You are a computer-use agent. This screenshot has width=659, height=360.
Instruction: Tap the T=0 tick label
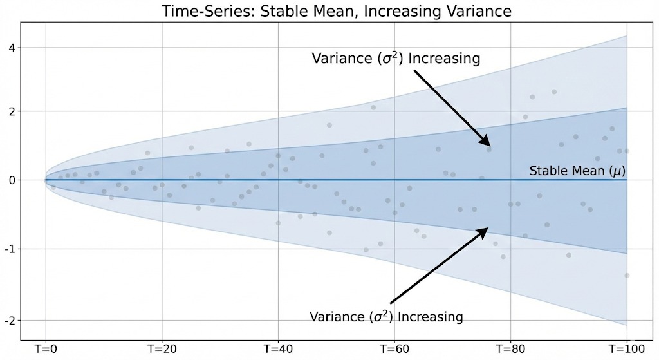click(45, 348)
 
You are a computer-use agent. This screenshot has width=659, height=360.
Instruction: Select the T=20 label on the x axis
click(162, 348)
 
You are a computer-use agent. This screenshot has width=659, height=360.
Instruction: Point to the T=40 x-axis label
click(278, 348)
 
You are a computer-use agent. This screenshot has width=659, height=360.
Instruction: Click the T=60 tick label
click(394, 348)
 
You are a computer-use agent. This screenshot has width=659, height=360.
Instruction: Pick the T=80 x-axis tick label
click(511, 348)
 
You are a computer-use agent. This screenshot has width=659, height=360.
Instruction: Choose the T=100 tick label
click(627, 348)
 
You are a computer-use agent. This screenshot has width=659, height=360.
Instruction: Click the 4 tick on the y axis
click(12, 48)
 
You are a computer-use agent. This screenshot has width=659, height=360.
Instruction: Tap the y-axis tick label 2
click(12, 111)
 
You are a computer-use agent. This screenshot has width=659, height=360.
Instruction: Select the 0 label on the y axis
click(12, 180)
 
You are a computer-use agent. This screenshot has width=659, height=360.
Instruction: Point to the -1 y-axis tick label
click(10, 249)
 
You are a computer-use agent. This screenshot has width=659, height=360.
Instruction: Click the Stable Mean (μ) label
click(577, 171)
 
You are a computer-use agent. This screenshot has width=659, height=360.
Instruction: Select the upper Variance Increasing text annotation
click(396, 59)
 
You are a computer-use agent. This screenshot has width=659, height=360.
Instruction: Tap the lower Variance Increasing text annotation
click(386, 317)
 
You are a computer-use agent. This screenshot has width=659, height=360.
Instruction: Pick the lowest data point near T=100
click(627, 275)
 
